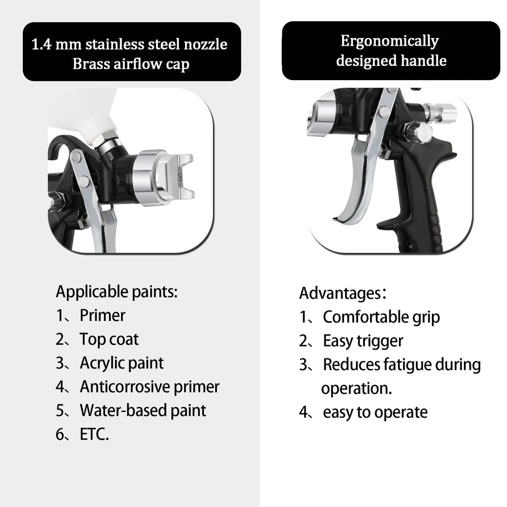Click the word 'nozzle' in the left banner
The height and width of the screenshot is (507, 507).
205,44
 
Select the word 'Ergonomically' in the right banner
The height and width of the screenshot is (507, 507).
389,42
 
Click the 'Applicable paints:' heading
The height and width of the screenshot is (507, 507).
117,292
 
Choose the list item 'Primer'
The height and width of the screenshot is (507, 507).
102,315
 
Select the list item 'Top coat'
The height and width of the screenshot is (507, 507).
109,339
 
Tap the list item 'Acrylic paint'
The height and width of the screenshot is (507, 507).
122,363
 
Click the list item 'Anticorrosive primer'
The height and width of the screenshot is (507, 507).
150,387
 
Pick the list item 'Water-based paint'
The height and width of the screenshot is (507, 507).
143,410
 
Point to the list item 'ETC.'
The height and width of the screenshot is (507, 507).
94,434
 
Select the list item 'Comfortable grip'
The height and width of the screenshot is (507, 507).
381,317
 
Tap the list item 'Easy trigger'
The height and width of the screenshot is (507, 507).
363,341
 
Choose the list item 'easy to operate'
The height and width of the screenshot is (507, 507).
375,412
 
